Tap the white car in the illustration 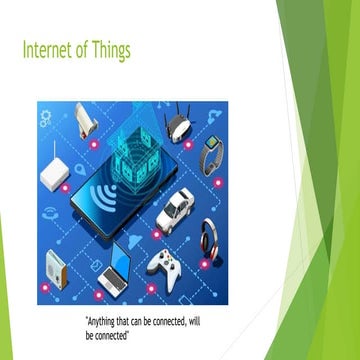(176, 209)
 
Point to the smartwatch (211, 156)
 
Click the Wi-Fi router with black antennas (179, 123)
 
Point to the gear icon (46, 118)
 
